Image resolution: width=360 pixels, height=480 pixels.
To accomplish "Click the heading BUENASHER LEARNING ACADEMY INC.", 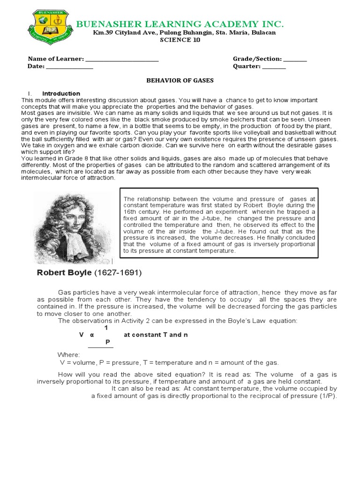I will [x=180, y=24].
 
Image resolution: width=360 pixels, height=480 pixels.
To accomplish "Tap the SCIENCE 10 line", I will [x=180, y=40].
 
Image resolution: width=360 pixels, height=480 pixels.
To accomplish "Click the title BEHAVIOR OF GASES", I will [x=180, y=81].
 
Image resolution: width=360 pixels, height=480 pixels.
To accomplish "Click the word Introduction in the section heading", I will [x=61, y=94].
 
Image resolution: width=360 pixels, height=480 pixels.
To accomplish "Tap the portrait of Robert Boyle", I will [x=74, y=224].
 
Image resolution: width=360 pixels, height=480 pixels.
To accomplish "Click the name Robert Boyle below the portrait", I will [x=64, y=272].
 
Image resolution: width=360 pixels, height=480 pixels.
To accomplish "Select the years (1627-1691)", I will [x=118, y=272].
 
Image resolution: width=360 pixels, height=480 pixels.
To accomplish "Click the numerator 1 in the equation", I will [x=106, y=328].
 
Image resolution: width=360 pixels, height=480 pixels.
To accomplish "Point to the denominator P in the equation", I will [x=107, y=342].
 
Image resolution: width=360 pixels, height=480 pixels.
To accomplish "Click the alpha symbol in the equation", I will [x=91, y=335].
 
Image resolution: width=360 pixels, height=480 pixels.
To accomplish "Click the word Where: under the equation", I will [x=68, y=355].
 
